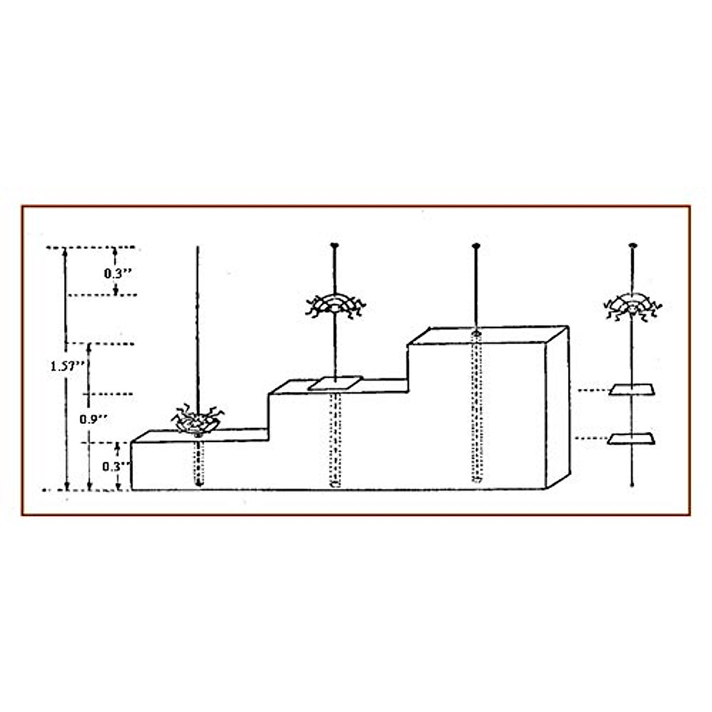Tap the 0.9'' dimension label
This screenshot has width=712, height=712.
tap(94, 419)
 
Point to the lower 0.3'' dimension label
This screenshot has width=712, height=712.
tap(115, 466)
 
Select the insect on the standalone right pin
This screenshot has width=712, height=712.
tap(632, 307)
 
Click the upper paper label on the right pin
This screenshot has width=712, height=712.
tap(632, 390)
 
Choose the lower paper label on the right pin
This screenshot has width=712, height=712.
tap(632, 439)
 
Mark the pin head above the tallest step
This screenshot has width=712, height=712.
tap(475, 245)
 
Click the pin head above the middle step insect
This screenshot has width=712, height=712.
tap(335, 244)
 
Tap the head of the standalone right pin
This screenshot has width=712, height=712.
tap(632, 244)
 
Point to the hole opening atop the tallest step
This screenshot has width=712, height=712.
tap(475, 335)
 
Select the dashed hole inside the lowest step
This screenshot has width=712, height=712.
tap(199, 463)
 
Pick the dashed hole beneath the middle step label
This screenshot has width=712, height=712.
tap(335, 439)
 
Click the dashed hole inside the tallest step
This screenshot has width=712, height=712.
tap(476, 409)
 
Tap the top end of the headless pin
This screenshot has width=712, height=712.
tap(198, 246)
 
